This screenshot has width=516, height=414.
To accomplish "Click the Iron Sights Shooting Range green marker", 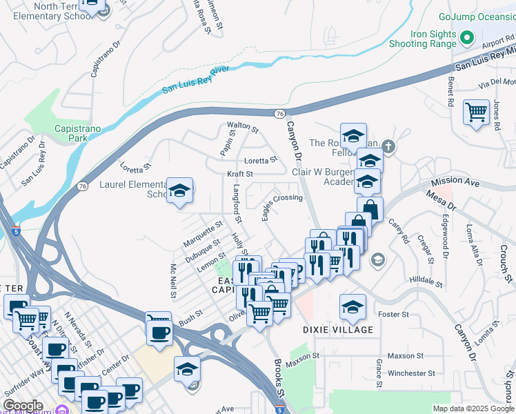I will [466, 38].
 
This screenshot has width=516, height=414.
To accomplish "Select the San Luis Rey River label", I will [195, 79].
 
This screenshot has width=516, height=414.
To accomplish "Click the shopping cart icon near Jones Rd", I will [476, 112].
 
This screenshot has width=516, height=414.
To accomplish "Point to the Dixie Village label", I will [338, 330].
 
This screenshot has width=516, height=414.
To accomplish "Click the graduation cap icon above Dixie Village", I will [353, 307].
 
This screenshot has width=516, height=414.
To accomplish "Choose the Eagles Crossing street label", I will [281, 205].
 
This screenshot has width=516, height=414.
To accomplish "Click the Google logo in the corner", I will [23, 405].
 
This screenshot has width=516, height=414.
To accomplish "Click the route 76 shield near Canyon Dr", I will [279, 113].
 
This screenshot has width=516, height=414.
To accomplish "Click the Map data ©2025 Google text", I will [473, 408].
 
